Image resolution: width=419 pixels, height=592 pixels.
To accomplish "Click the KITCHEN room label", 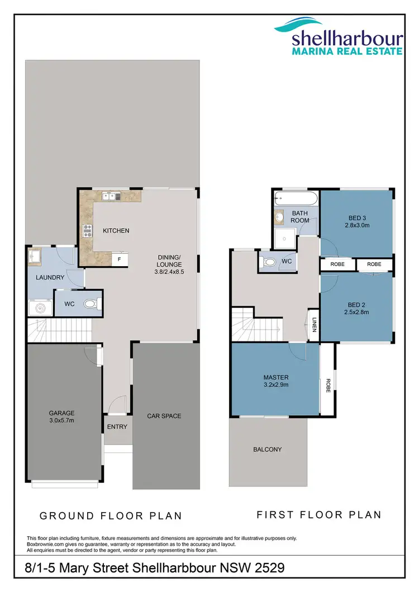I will click(x=116, y=230).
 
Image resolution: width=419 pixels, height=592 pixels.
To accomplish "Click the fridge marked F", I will click(x=119, y=259).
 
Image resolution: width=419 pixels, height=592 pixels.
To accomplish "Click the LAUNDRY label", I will click(x=50, y=277).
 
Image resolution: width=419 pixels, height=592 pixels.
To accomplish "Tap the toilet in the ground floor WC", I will click(x=92, y=305).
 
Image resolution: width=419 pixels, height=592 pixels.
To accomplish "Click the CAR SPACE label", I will click(x=164, y=416).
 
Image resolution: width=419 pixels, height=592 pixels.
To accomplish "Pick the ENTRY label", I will click(x=117, y=427).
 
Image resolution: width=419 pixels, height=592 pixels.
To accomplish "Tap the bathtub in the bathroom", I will click(x=296, y=199).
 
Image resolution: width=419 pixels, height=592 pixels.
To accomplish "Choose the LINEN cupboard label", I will click(x=315, y=325).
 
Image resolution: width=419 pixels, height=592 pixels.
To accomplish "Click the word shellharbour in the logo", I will click(x=347, y=38).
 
